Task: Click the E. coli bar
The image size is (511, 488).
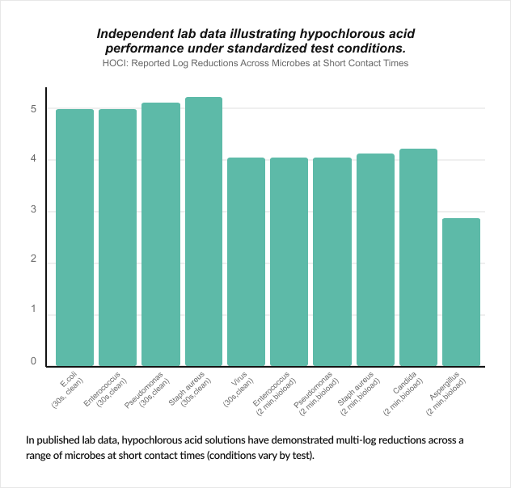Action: tap(74, 238)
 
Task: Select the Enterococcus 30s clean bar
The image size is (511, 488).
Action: tap(117, 238)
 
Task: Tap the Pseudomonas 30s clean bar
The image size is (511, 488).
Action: tap(160, 234)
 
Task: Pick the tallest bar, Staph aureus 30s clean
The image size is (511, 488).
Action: tap(204, 232)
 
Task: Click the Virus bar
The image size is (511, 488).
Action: tap(247, 262)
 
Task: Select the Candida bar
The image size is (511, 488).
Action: tap(418, 258)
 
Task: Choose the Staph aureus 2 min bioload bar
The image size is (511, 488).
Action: tap(375, 260)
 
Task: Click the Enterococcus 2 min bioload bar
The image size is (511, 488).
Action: tap(289, 262)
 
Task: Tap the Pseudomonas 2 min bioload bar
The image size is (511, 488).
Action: tap(332, 262)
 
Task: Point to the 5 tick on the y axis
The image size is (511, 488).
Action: tap(33, 108)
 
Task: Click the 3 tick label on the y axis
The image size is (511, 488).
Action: tap(33, 212)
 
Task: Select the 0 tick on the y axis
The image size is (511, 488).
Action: tap(33, 361)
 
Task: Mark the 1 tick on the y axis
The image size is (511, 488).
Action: tap(33, 311)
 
